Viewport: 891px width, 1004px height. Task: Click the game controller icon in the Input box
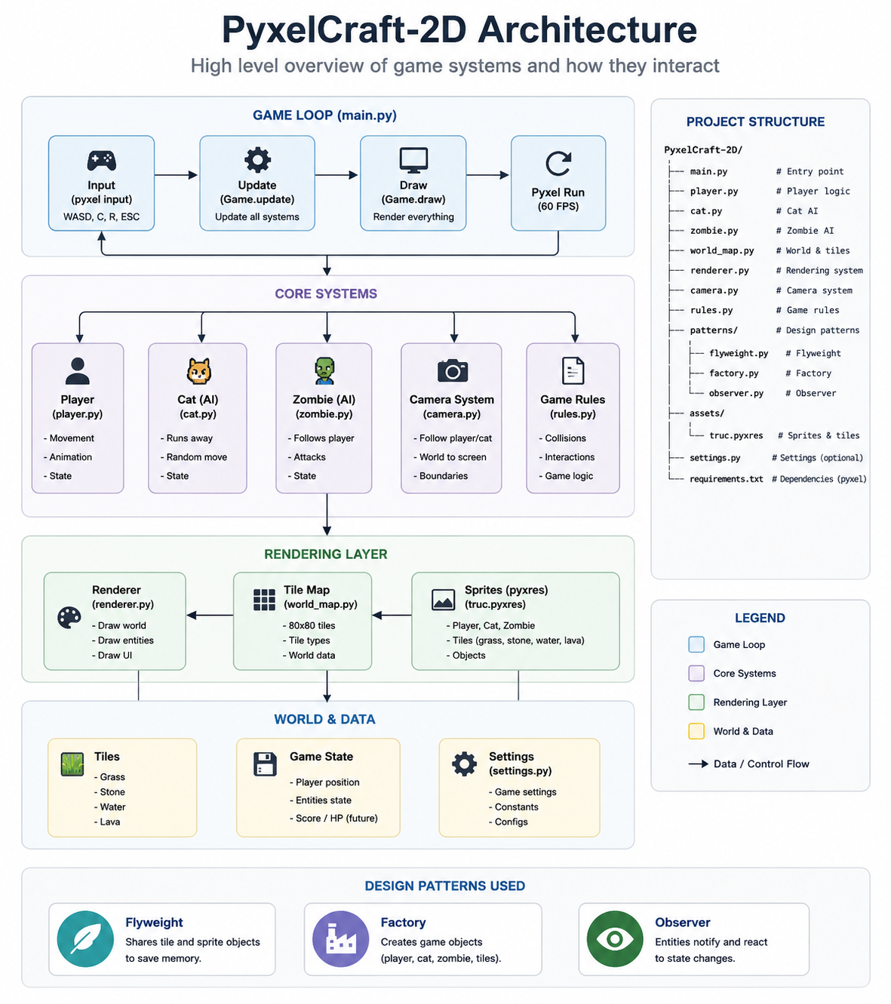tap(101, 160)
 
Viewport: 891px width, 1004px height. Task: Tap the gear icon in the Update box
tap(257, 160)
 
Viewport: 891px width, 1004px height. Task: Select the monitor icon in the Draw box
tap(413, 160)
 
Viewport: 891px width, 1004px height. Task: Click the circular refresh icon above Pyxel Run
tap(558, 164)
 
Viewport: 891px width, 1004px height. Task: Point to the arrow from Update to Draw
tap(336, 175)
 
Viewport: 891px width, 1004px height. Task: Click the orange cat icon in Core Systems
tap(198, 370)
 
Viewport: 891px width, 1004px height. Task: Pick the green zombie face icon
tap(324, 370)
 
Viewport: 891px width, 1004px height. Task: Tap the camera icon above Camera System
tap(452, 370)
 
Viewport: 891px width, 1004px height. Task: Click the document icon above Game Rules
tap(573, 370)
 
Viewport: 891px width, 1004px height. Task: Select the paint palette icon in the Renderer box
tap(69, 618)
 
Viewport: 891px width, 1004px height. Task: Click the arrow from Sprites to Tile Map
tap(392, 616)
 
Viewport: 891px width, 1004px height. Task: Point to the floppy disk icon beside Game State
tap(265, 763)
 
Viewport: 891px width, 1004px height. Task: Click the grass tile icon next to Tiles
tap(72, 763)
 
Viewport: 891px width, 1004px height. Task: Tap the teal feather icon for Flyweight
tap(85, 938)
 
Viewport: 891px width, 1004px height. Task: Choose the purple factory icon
tap(340, 938)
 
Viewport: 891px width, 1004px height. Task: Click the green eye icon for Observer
tap(615, 938)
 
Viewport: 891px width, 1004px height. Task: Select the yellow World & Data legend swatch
tap(696, 731)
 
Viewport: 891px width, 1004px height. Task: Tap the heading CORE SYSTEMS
tap(326, 294)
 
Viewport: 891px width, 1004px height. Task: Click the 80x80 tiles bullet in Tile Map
tap(309, 625)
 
